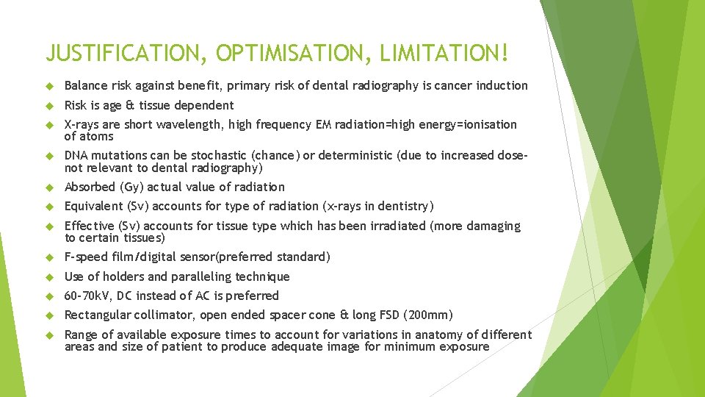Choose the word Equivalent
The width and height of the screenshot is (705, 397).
93,206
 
